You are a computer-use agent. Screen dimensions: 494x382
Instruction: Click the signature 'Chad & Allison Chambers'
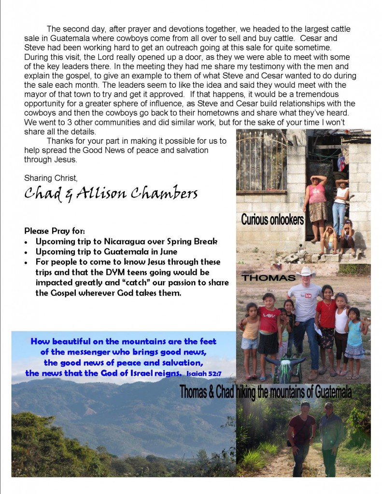click(x=111, y=193)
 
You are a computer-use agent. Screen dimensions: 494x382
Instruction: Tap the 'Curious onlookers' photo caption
click(x=272, y=220)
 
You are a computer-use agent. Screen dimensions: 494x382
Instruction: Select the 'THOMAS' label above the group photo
click(x=261, y=278)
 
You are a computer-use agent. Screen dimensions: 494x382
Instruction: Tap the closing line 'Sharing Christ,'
click(x=50, y=178)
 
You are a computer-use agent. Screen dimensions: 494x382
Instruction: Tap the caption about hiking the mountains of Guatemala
click(x=265, y=392)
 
